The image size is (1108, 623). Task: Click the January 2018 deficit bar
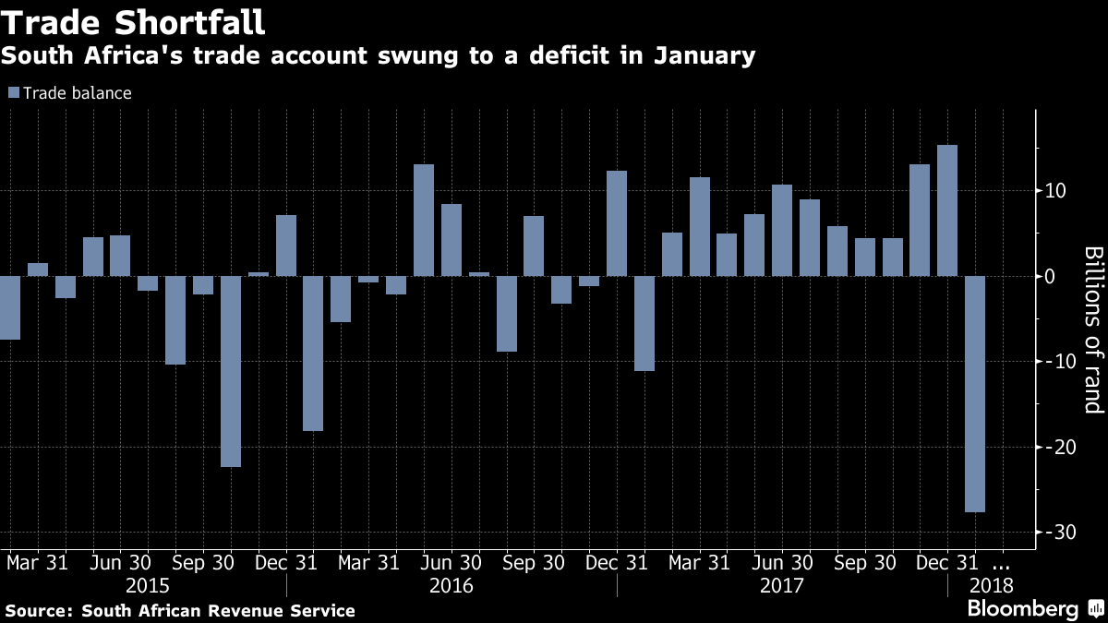coord(974,393)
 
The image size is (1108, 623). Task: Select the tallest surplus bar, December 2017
coord(946,210)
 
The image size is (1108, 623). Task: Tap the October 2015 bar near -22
coord(231,371)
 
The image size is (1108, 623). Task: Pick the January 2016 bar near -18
coord(313,353)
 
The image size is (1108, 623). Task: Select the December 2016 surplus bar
coord(616,223)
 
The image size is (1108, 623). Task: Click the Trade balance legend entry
coord(70,93)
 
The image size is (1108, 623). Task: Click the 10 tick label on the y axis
coord(1055,191)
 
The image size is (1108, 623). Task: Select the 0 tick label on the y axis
coord(1051,276)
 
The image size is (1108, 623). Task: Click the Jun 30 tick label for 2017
coord(781,562)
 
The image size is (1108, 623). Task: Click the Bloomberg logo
coord(1022,609)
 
